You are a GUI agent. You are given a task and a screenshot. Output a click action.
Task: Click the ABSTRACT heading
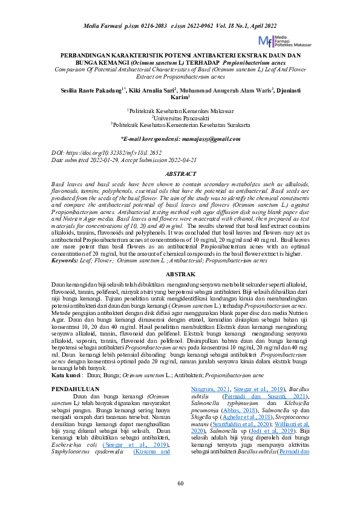180,173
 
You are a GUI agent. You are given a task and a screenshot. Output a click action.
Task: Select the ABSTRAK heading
180,274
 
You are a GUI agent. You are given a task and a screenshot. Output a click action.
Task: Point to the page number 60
180,482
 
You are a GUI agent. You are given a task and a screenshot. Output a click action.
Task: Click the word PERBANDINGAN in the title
92,56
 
